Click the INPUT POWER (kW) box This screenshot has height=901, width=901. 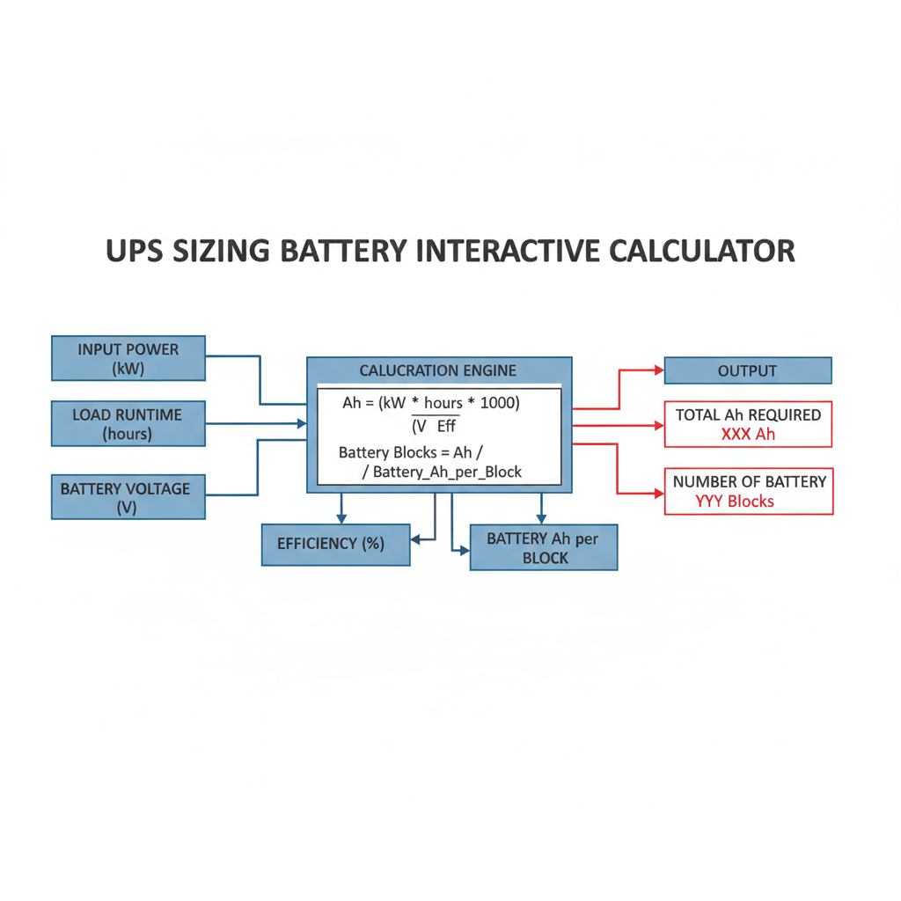pyautogui.click(x=128, y=358)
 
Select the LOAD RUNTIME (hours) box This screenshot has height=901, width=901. pyautogui.click(x=128, y=423)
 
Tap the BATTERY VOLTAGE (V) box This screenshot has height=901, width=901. pyautogui.click(x=128, y=496)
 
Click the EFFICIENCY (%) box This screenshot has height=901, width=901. pyautogui.click(x=335, y=544)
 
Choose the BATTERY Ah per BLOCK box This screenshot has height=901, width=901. pyautogui.click(x=544, y=548)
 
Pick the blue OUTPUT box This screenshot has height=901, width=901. pyautogui.click(x=747, y=370)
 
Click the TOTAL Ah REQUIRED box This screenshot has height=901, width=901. pyautogui.click(x=748, y=424)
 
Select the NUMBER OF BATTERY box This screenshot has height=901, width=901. pyautogui.click(x=748, y=491)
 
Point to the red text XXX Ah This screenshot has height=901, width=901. pyautogui.click(x=748, y=434)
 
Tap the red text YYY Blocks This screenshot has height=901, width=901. pyautogui.click(x=735, y=502)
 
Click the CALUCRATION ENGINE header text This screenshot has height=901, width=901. pyautogui.click(x=438, y=370)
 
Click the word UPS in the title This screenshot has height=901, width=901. pyautogui.click(x=139, y=250)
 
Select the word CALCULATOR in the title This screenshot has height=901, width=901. pyautogui.click(x=701, y=250)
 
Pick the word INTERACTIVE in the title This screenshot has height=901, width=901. pyautogui.click(x=507, y=250)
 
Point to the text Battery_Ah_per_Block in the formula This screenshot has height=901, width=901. pyautogui.click(x=448, y=472)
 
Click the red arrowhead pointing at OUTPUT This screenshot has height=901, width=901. pyautogui.click(x=657, y=370)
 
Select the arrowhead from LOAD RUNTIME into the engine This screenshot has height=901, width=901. pyautogui.click(x=302, y=423)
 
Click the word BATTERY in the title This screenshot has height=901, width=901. pyautogui.click(x=343, y=250)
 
